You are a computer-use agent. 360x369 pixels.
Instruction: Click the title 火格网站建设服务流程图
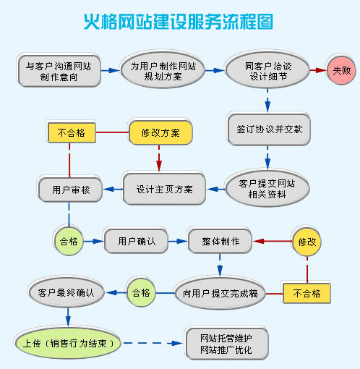(x=179, y=22)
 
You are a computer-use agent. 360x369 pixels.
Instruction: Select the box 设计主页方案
(x=165, y=190)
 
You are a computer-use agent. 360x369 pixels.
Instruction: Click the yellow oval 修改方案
(x=160, y=132)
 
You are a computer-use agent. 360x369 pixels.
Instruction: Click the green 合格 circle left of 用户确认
(x=69, y=240)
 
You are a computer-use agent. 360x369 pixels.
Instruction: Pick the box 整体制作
(x=220, y=240)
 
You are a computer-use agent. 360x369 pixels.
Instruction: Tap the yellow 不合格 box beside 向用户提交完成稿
(x=307, y=293)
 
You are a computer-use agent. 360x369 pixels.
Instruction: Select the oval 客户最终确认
(x=66, y=293)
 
